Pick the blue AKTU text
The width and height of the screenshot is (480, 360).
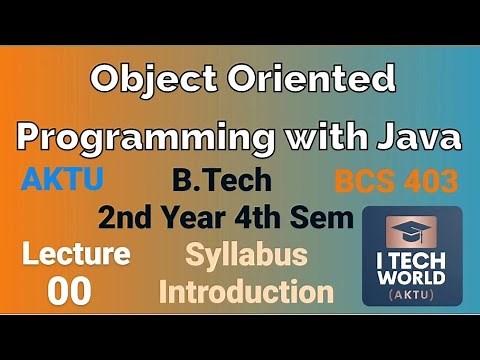(61, 181)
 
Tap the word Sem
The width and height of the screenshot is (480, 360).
(333, 217)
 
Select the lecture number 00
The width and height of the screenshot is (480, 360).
(69, 291)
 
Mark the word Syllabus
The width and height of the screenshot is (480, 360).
(246, 256)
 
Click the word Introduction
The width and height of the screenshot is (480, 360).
(246, 292)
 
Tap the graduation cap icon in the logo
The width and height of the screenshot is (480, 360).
(412, 233)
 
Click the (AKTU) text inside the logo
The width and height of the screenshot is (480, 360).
(412, 296)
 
